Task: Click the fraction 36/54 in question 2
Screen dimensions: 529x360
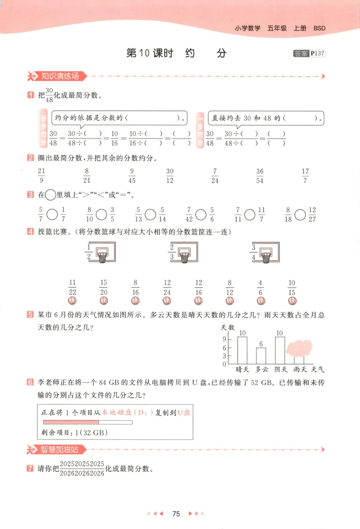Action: coord(260,176)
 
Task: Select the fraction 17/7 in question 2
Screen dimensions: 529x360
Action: coord(306,176)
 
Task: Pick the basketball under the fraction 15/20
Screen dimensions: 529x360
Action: coord(103,300)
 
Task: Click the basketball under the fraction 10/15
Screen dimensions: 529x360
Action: coord(292,300)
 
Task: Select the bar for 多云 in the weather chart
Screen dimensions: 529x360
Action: coord(261,355)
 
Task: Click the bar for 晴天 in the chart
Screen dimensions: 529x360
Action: coord(243,350)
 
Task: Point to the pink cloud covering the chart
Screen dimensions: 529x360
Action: coord(299,348)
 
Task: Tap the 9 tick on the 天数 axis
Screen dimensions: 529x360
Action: coord(225,347)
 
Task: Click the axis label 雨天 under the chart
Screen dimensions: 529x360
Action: coord(299,370)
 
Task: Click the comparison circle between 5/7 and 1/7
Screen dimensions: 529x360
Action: coord(52,214)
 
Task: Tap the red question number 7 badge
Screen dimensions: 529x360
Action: coord(30,468)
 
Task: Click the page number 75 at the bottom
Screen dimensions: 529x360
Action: coord(176,514)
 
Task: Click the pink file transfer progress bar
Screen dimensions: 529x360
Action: coord(71,422)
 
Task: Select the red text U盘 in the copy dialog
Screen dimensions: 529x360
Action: coord(184,412)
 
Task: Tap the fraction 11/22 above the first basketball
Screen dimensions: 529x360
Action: coord(72,287)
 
